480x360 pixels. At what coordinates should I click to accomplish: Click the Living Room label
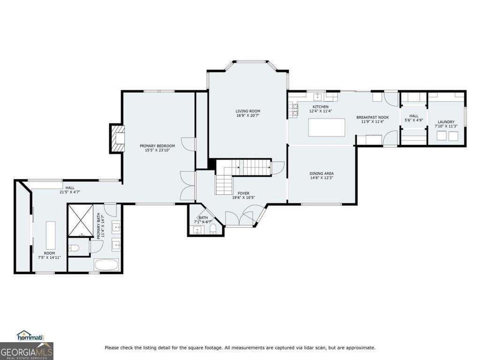[247, 111]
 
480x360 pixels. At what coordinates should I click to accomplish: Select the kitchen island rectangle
[327, 127]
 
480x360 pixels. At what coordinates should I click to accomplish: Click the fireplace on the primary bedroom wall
[117, 138]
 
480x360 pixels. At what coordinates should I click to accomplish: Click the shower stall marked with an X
[80, 220]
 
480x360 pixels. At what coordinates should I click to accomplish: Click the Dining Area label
[322, 173]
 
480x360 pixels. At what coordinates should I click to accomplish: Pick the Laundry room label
[445, 122]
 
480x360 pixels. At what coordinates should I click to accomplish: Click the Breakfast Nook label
[372, 117]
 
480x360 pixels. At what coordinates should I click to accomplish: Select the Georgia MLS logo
[27, 351]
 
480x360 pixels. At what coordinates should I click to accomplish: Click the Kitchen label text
[321, 106]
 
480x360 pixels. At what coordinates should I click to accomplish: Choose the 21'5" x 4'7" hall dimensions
[70, 192]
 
